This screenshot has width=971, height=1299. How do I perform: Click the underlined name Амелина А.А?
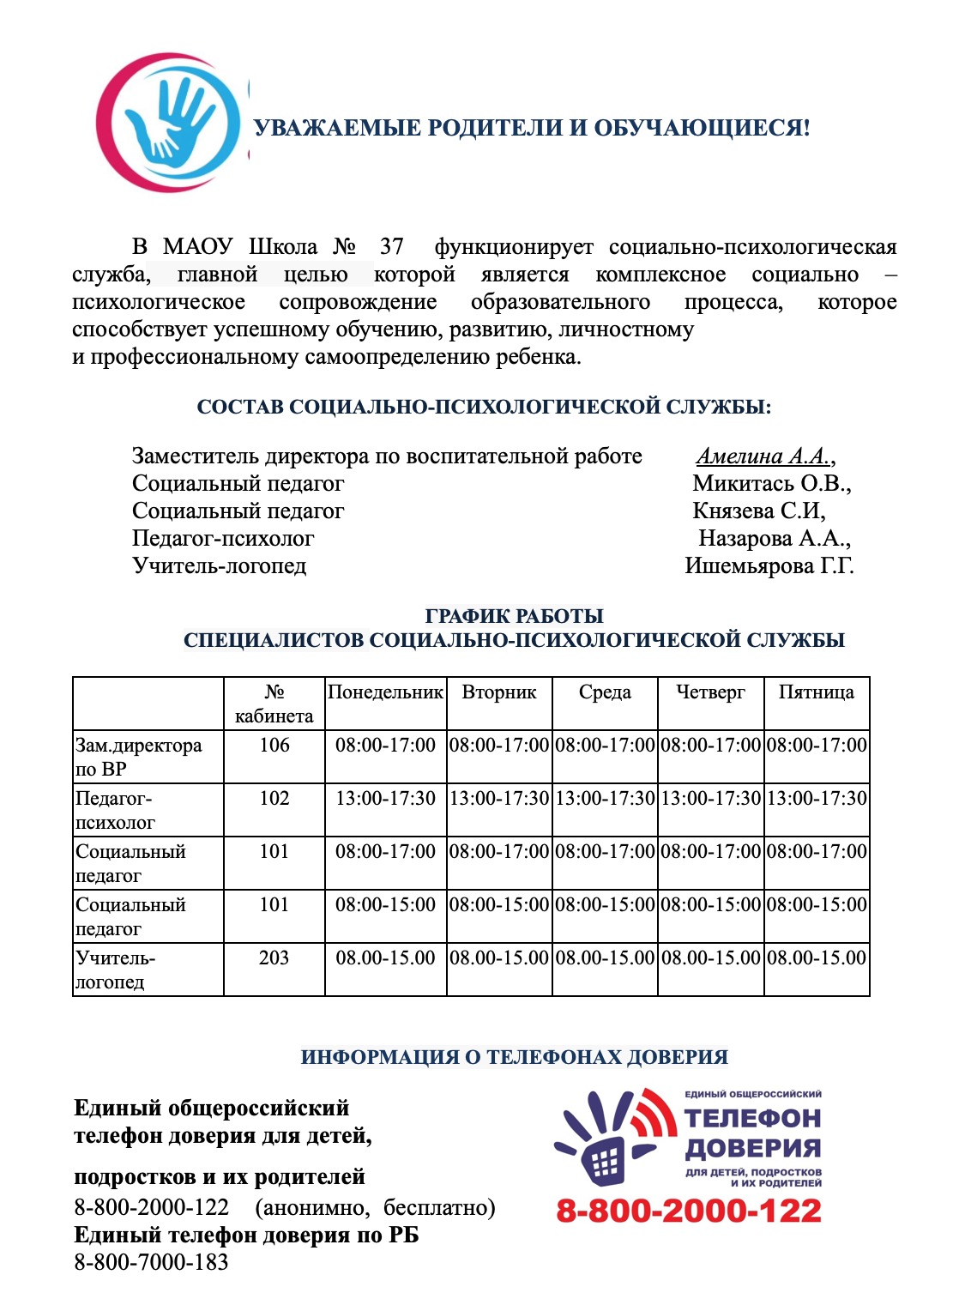click(763, 456)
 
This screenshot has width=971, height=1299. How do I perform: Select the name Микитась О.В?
click(771, 483)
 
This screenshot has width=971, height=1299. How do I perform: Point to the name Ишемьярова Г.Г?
click(769, 565)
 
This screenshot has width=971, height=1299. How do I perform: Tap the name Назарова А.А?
click(774, 538)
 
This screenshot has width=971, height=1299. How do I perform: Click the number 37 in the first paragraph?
click(391, 247)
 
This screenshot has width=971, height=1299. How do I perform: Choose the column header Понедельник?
click(385, 692)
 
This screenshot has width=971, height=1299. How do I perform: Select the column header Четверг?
click(710, 692)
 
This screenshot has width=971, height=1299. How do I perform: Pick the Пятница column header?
click(816, 692)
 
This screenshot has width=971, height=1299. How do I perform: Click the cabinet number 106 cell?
click(274, 745)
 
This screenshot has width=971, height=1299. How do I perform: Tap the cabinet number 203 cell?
click(274, 958)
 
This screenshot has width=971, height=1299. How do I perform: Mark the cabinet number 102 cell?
click(274, 798)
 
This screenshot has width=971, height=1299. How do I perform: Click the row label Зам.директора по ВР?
click(139, 757)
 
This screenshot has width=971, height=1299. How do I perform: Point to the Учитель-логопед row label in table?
click(116, 970)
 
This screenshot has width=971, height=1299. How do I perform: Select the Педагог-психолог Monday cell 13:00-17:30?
click(385, 798)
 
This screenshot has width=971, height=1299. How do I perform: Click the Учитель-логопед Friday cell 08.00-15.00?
click(817, 958)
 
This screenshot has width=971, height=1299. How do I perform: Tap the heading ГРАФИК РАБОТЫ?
click(514, 616)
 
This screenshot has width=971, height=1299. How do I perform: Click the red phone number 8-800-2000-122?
click(689, 1211)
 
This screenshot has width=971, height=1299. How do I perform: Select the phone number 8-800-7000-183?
click(151, 1262)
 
